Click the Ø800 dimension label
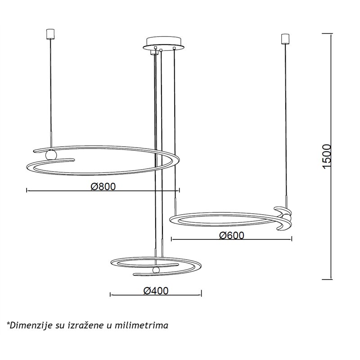tap(103, 186)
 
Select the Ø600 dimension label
tap(231, 235)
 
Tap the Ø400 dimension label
tap(156, 291)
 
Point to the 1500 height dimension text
tap(327, 157)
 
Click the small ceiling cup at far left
tap(50, 34)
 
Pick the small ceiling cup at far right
tap(285, 39)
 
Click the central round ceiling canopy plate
tap(164, 44)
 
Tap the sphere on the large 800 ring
tap(51, 155)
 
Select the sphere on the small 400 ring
tap(156, 270)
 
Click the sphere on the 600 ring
tap(287, 218)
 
